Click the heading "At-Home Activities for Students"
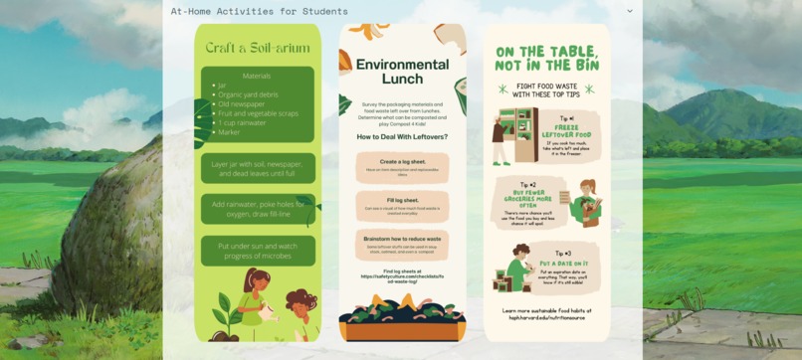[259, 12]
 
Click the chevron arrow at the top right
[629, 11]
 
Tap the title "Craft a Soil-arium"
[258, 47]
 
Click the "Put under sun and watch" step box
[258, 250]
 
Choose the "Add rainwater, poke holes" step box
[258, 209]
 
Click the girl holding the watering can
[254, 298]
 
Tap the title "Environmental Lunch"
[402, 72]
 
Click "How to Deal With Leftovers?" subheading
[402, 136]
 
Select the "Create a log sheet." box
[402, 167]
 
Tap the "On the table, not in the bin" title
[547, 59]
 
